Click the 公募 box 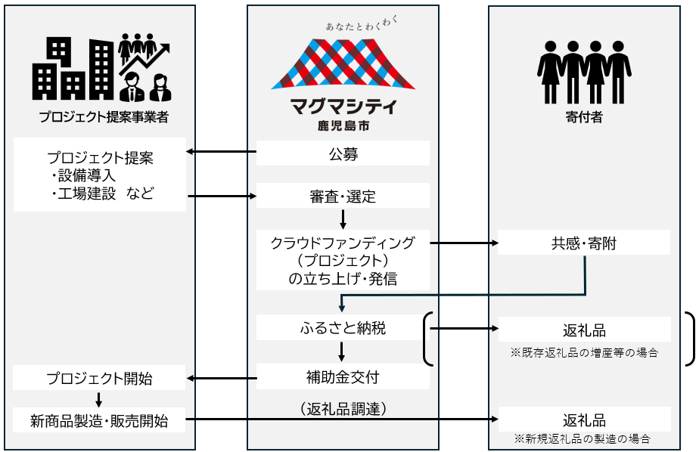pyautogui.click(x=343, y=154)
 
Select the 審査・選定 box pyautogui.click(x=343, y=197)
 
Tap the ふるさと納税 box pyautogui.click(x=343, y=329)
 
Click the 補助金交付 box pyautogui.click(x=343, y=376)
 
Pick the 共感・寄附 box pyautogui.click(x=584, y=243)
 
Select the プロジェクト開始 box pyautogui.click(x=99, y=377)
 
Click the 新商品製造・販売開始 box pyautogui.click(x=99, y=420)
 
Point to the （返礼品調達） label pyautogui.click(x=343, y=410)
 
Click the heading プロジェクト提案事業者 pyautogui.click(x=104, y=117)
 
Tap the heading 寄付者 pyautogui.click(x=583, y=117)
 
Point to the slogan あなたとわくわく pyautogui.click(x=360, y=24)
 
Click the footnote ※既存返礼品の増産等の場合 pyautogui.click(x=584, y=351)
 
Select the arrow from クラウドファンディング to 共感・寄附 pyautogui.click(x=464, y=243)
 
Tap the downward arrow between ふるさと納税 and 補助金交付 pyautogui.click(x=343, y=351)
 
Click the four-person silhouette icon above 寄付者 pyautogui.click(x=583, y=72)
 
